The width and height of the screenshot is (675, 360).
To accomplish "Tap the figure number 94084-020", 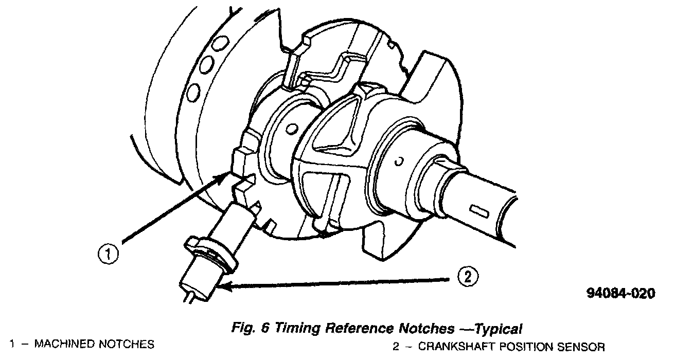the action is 621,294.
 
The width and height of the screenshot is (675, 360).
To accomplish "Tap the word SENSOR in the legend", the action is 580,346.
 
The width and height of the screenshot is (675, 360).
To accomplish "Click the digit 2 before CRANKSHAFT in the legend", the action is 396,346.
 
